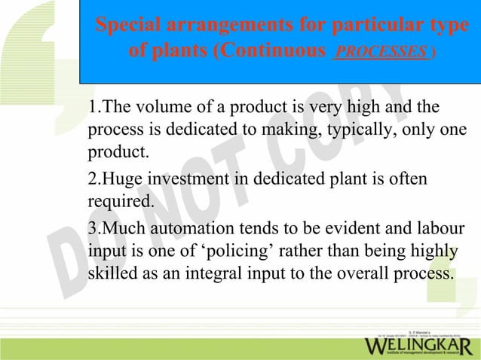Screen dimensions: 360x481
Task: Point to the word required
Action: (120, 202)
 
